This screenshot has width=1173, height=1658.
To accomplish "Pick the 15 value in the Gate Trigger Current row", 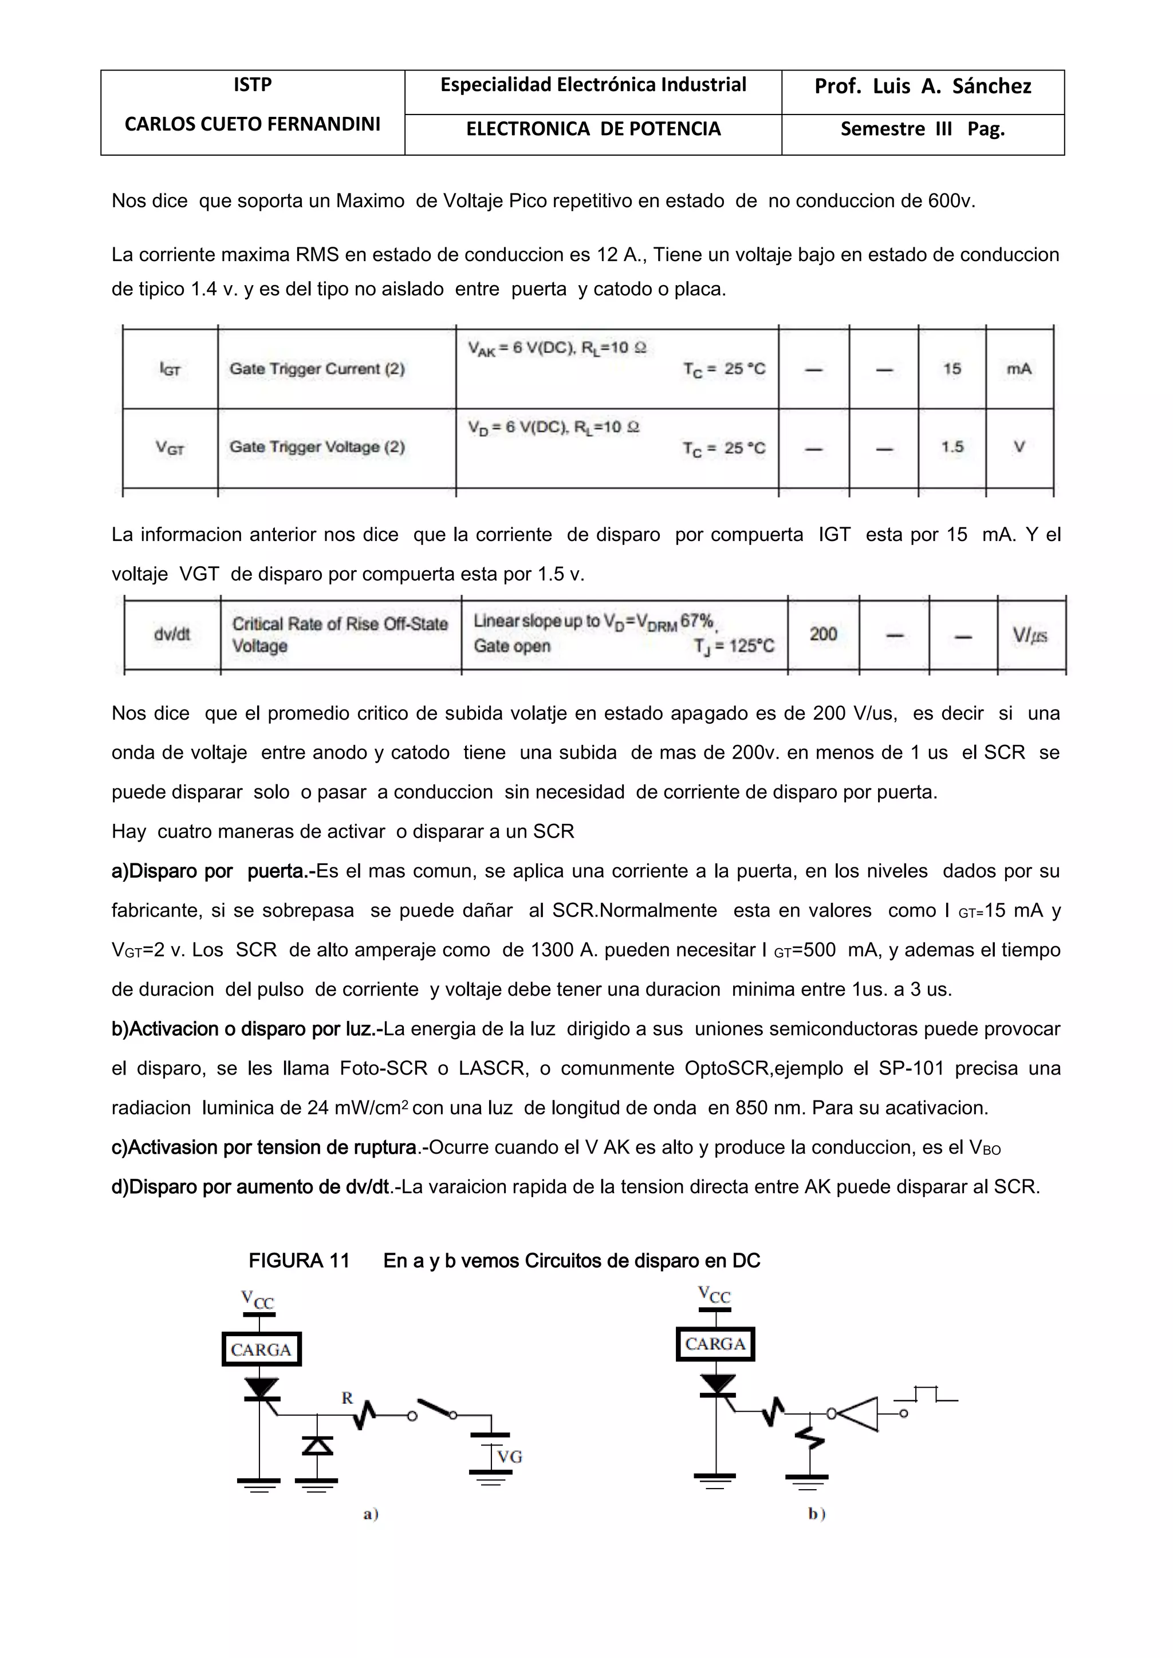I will pyautogui.click(x=951, y=369).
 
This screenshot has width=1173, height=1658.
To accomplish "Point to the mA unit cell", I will pyautogui.click(x=1018, y=369).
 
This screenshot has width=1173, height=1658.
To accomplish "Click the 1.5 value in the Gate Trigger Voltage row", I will pyautogui.click(x=951, y=447).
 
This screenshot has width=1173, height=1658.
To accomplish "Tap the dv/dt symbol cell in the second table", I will pyautogui.click(x=172, y=634).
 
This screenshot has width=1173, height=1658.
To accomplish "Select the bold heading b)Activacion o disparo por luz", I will pyautogui.click(x=246, y=1029).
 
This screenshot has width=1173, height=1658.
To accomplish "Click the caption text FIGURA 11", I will pyautogui.click(x=299, y=1261).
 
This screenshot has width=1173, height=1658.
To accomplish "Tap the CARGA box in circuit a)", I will pyautogui.click(x=261, y=1349).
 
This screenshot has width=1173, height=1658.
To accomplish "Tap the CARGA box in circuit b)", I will pyautogui.click(x=715, y=1344).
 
